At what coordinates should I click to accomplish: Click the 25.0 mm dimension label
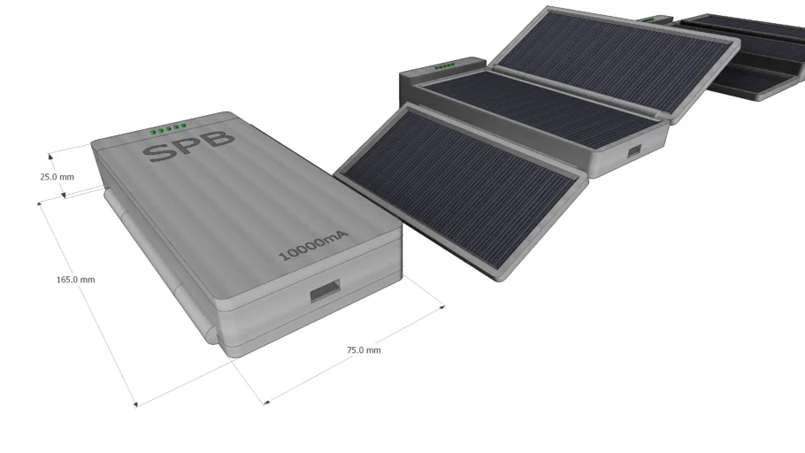[x=57, y=177]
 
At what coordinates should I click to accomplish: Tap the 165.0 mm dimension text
[x=75, y=280]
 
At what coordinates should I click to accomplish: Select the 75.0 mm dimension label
[x=364, y=349]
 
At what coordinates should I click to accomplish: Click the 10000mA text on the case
[x=313, y=247]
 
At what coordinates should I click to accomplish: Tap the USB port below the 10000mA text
[x=325, y=290]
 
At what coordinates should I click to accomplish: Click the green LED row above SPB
[x=168, y=128]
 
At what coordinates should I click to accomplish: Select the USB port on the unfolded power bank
[x=634, y=151]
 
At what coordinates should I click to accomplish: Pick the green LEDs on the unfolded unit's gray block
[x=445, y=66]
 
